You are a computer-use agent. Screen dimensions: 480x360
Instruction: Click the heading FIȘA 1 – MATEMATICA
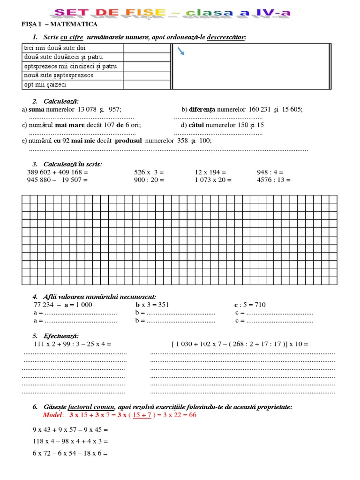[x=60, y=24]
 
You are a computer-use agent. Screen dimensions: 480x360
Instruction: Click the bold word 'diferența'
[x=202, y=109]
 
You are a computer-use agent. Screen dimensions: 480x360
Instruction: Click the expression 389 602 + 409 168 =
[x=57, y=172]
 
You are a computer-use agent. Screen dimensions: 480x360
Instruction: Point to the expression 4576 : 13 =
[x=274, y=180]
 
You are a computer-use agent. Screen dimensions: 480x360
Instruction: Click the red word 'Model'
[x=52, y=415]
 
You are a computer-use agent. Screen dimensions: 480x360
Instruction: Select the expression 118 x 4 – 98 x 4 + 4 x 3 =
[x=70, y=442]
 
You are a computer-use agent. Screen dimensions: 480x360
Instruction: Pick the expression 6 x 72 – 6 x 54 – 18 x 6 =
[x=70, y=454]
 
